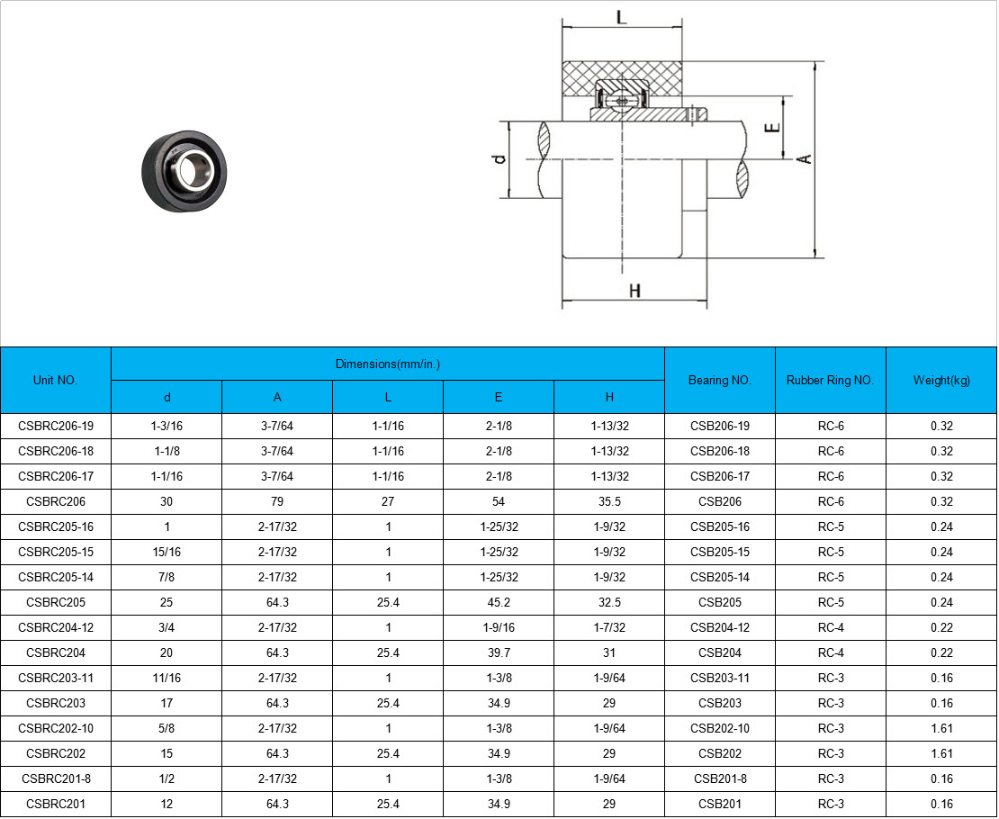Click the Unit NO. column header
tap(56, 380)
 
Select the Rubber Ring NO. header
tap(830, 380)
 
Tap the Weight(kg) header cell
tap(941, 380)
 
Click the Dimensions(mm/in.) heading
tap(387, 364)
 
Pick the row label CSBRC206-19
tap(56, 426)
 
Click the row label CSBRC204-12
tap(56, 627)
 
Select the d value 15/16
tap(166, 552)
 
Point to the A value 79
tap(277, 501)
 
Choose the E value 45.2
tap(499, 602)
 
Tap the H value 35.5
tap(609, 501)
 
